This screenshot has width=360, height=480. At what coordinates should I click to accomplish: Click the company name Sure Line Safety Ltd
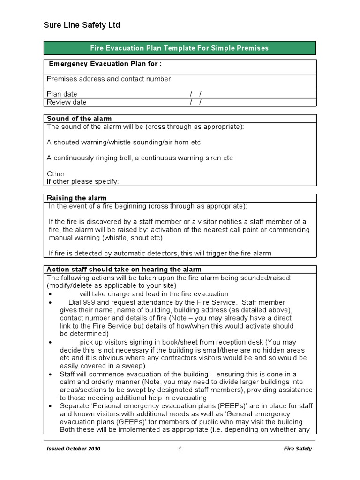(x=82, y=25)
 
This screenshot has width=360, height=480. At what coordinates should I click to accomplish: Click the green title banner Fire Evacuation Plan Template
(x=180, y=48)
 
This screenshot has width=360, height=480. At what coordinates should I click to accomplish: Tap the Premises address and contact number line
(x=109, y=79)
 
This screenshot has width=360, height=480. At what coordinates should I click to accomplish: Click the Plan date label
(x=62, y=94)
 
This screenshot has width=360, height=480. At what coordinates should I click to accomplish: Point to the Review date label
(x=67, y=102)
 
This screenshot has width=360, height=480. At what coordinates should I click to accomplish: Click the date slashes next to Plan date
(x=196, y=94)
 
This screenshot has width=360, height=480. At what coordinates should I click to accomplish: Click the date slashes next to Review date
(x=196, y=102)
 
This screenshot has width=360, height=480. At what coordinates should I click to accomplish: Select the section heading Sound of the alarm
(x=79, y=119)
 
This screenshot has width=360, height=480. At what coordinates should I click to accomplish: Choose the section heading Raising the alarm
(x=76, y=198)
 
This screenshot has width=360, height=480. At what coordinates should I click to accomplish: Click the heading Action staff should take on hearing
(x=124, y=270)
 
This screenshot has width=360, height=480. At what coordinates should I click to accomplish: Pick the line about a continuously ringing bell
(x=140, y=158)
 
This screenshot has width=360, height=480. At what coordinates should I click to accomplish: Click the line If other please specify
(x=83, y=182)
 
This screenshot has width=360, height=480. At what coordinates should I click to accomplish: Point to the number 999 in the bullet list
(x=89, y=302)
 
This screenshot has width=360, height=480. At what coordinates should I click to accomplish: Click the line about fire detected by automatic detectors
(x=160, y=254)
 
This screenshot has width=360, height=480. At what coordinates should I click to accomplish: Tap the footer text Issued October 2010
(x=74, y=449)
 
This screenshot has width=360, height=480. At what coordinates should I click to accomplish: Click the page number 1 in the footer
(x=180, y=449)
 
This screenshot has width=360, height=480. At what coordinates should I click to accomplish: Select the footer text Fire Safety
(x=298, y=449)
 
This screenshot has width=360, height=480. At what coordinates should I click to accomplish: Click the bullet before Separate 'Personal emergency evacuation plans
(x=51, y=406)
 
